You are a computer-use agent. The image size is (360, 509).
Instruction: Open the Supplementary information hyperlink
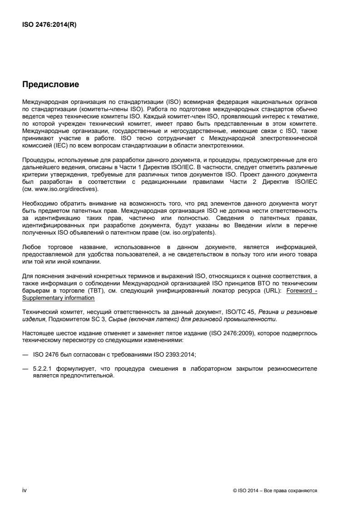(59, 298)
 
